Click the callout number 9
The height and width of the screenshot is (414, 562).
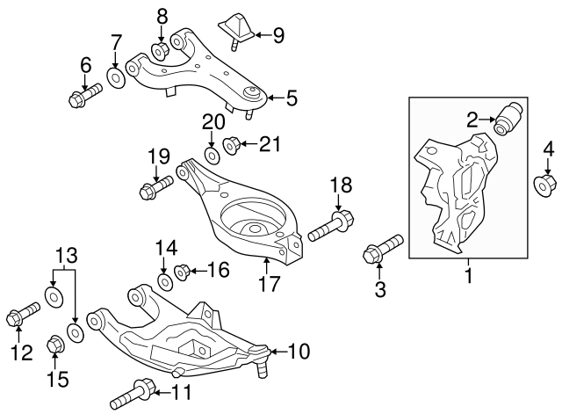pyautogui.click(x=278, y=35)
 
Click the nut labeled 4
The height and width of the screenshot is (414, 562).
pyautogui.click(x=544, y=185)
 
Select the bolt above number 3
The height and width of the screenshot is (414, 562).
pyautogui.click(x=381, y=248)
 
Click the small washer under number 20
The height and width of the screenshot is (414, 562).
pyautogui.click(x=211, y=156)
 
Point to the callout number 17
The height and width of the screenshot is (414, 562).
pyautogui.click(x=266, y=283)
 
